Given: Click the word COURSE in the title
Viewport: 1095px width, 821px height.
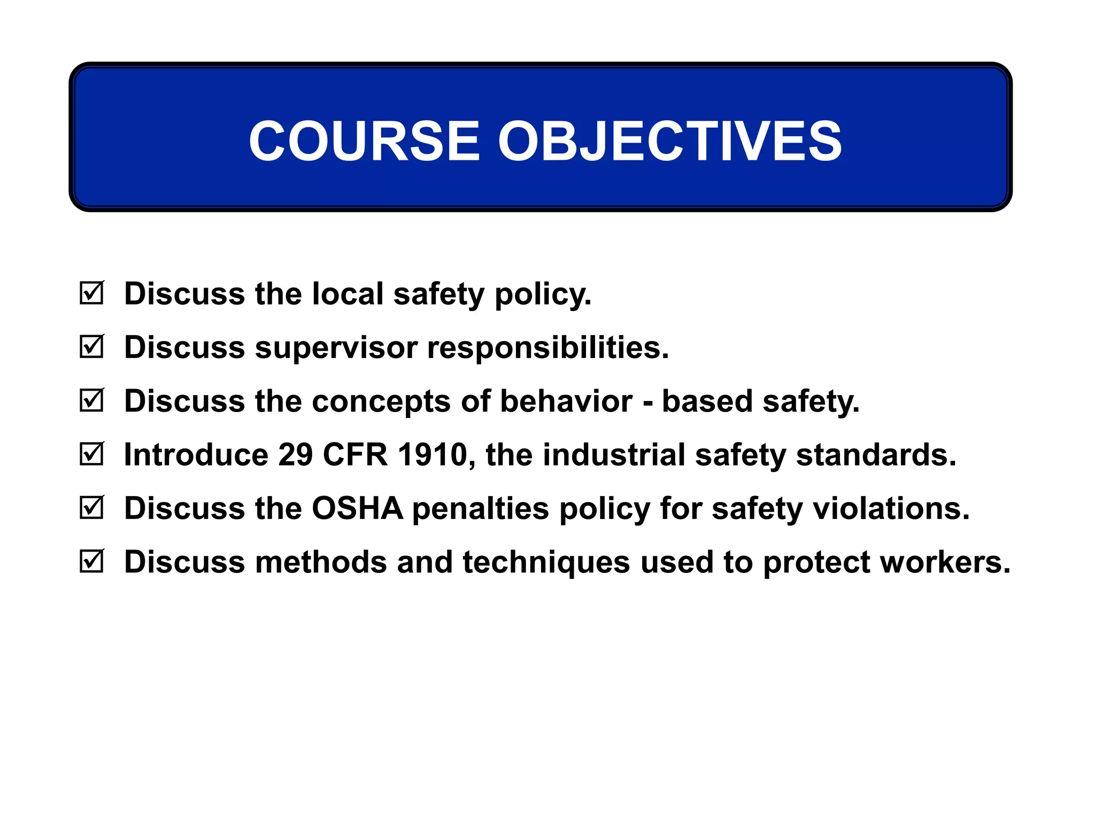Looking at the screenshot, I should [x=364, y=141].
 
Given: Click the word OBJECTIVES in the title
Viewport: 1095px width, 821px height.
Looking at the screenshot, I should [x=669, y=141].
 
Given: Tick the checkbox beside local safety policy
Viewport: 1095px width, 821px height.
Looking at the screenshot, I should [x=91, y=293].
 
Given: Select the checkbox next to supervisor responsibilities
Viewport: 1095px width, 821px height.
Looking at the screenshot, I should [x=91, y=347].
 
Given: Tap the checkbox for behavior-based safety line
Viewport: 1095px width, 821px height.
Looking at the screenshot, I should [x=91, y=400].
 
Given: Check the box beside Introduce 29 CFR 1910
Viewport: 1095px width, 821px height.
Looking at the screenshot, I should [x=91, y=454].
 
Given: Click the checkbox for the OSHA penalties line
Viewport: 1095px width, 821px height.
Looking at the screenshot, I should [x=91, y=508].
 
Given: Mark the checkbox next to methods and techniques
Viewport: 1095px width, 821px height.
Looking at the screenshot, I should [x=91, y=562].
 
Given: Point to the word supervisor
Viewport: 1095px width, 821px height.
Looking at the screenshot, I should [x=336, y=348].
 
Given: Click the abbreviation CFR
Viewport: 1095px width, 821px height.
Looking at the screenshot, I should [x=355, y=455].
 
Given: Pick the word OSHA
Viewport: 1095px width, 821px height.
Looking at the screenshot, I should [x=357, y=508].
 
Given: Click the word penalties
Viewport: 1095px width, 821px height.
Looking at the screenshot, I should [x=480, y=508].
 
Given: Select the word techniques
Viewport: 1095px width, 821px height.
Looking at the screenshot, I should [x=546, y=563].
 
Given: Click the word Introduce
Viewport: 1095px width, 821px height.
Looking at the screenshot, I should [x=196, y=455].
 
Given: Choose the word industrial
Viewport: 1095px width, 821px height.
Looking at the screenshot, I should [x=614, y=455].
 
